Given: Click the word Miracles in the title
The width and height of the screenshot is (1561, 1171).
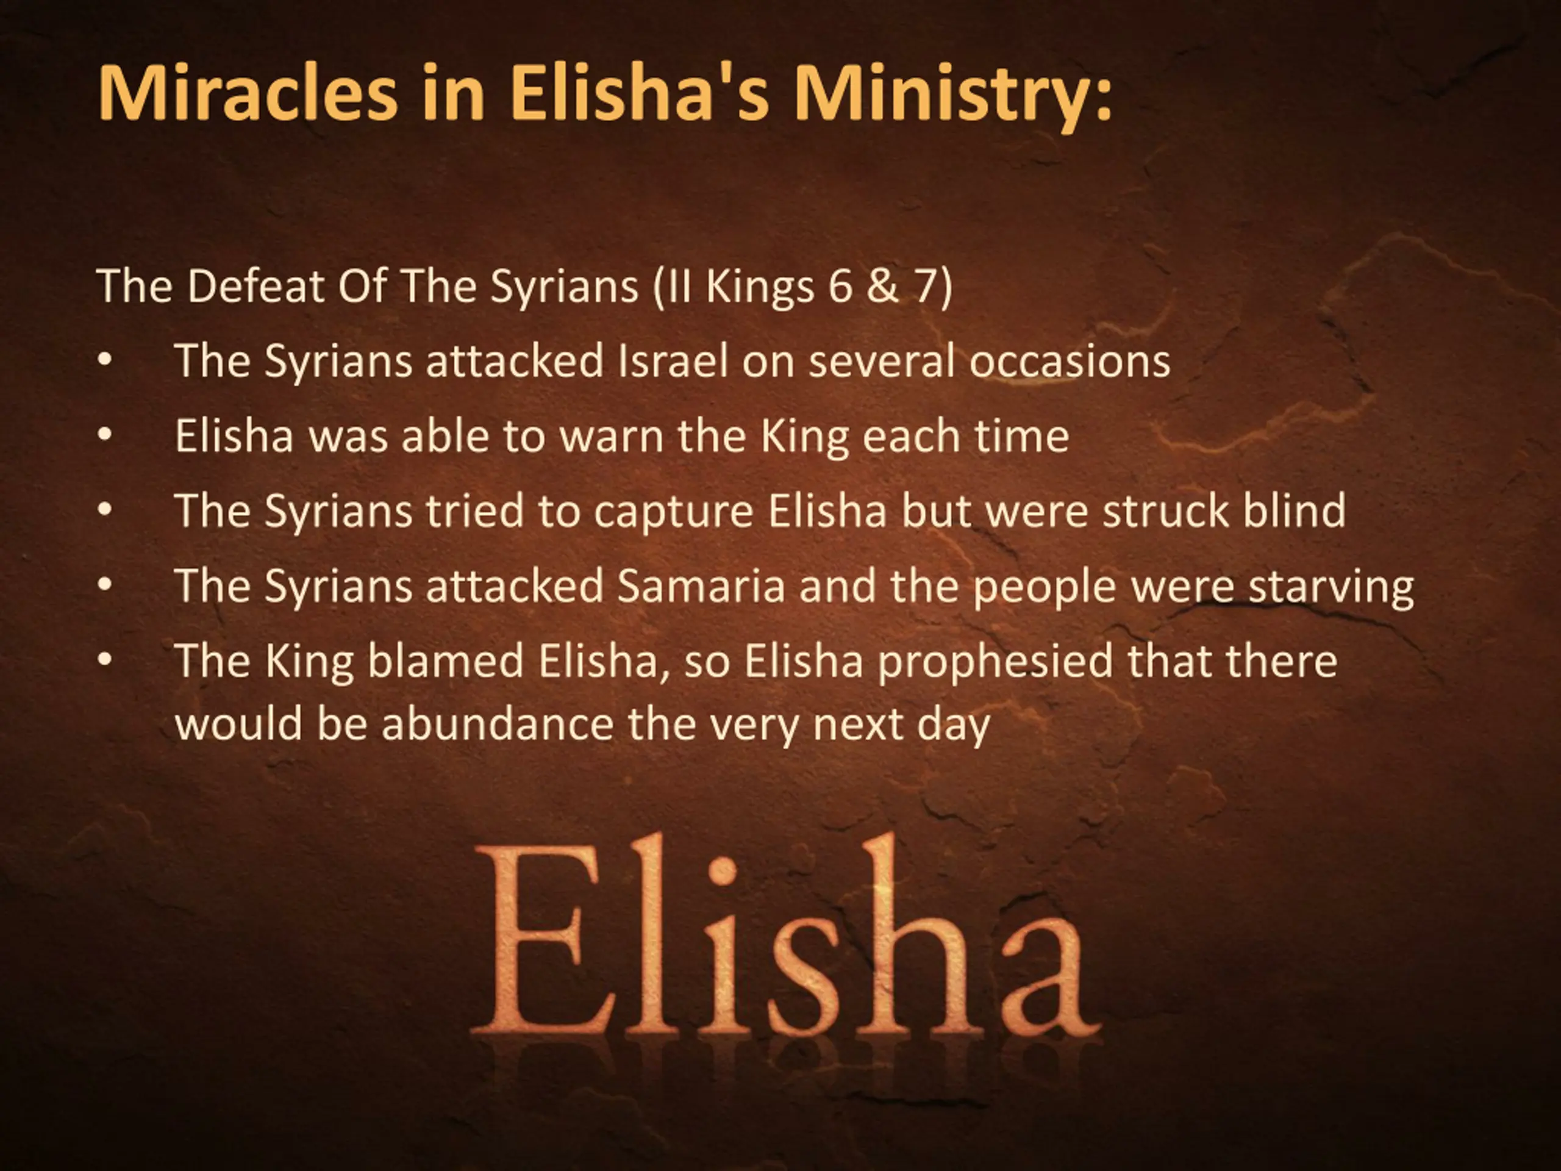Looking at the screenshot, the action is [248, 93].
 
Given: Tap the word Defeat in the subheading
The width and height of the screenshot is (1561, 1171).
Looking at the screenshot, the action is [255, 286].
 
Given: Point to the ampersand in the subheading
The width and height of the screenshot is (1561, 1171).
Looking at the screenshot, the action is [883, 287].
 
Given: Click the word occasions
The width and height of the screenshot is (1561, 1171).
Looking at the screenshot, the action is [1070, 362].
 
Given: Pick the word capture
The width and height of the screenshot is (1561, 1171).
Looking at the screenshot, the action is [674, 512].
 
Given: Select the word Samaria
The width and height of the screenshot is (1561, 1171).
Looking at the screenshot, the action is [701, 587].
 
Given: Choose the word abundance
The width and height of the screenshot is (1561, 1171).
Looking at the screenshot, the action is [498, 724].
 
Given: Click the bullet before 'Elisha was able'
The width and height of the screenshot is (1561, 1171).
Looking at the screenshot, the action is [105, 436].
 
